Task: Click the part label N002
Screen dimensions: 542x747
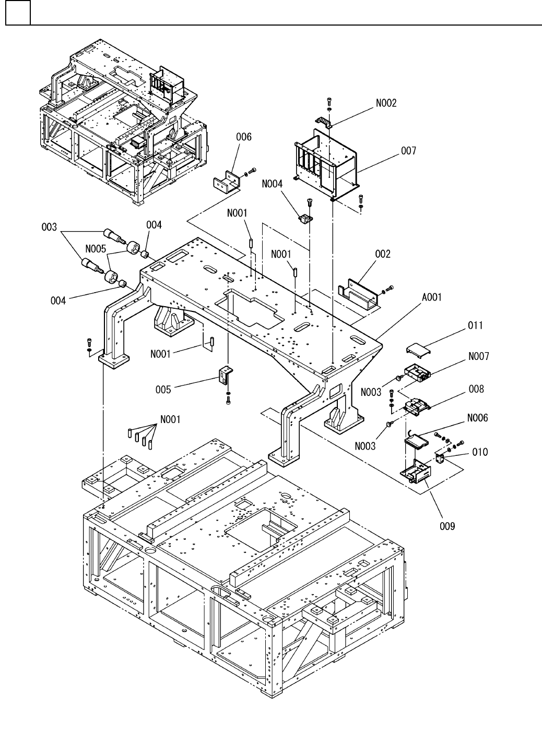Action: pos(386,103)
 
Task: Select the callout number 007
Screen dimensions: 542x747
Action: pos(408,151)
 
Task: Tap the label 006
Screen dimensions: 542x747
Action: pos(244,137)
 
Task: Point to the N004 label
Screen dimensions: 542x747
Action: pos(272,184)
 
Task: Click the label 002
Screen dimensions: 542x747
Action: pos(382,254)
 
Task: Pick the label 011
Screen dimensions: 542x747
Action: pos(475,325)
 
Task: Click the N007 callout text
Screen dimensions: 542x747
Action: pos(479,356)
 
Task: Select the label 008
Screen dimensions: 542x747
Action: pos(476,389)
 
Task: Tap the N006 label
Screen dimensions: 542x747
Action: pos(477,418)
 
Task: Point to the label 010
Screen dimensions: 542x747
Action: pos(480,452)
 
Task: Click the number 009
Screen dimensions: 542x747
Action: pos(447,526)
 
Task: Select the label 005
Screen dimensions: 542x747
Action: pos(163,390)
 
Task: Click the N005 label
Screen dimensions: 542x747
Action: pos(96,249)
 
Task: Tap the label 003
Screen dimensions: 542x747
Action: pos(49,227)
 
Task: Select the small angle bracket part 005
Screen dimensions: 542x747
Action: pos(226,375)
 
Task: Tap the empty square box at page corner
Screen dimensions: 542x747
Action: pos(18,13)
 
